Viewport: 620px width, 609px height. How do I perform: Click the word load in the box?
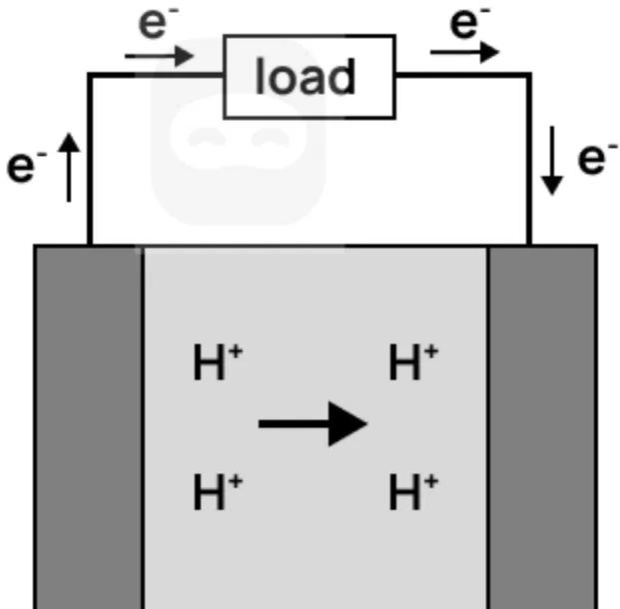tap(306, 77)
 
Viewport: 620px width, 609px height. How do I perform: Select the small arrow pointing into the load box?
tap(160, 55)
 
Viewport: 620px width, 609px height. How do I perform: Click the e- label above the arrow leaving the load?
tap(466, 22)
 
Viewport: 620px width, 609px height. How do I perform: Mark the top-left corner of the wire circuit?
tap(90, 75)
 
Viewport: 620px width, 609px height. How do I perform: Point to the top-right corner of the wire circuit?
tap(529, 75)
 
